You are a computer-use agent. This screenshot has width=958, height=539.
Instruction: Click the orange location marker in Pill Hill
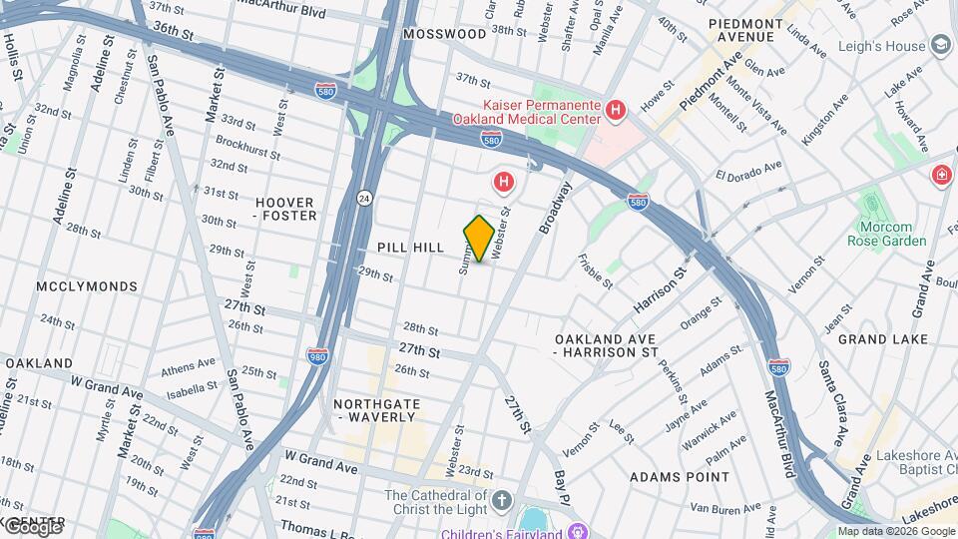(x=479, y=239)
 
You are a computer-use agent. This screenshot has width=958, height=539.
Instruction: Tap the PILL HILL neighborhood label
(x=410, y=248)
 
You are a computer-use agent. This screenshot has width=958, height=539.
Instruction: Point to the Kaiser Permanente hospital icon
(x=616, y=110)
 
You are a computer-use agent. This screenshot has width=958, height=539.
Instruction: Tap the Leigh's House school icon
(x=939, y=45)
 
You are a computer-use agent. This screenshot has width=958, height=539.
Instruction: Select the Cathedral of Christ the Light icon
(x=501, y=497)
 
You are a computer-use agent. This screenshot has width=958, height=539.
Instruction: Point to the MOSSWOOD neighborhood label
(x=444, y=34)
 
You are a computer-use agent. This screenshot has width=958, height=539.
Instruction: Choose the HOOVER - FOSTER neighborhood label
(x=285, y=209)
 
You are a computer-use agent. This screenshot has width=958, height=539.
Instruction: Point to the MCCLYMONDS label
(x=87, y=286)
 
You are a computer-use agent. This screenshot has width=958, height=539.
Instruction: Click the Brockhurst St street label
(x=247, y=145)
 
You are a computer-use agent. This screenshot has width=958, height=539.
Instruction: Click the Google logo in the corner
(x=32, y=526)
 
